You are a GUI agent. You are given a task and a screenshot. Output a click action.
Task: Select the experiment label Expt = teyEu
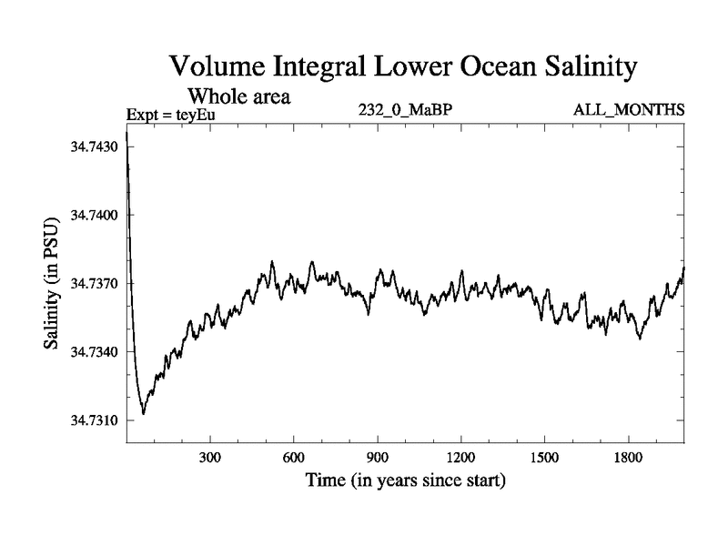(169, 116)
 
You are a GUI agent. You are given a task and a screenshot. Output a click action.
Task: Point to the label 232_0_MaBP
(404, 110)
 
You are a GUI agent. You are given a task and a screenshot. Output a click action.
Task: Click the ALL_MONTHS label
(629, 110)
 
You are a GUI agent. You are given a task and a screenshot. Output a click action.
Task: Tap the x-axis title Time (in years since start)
(404, 480)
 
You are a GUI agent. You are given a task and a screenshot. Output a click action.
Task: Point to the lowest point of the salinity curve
(143, 414)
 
